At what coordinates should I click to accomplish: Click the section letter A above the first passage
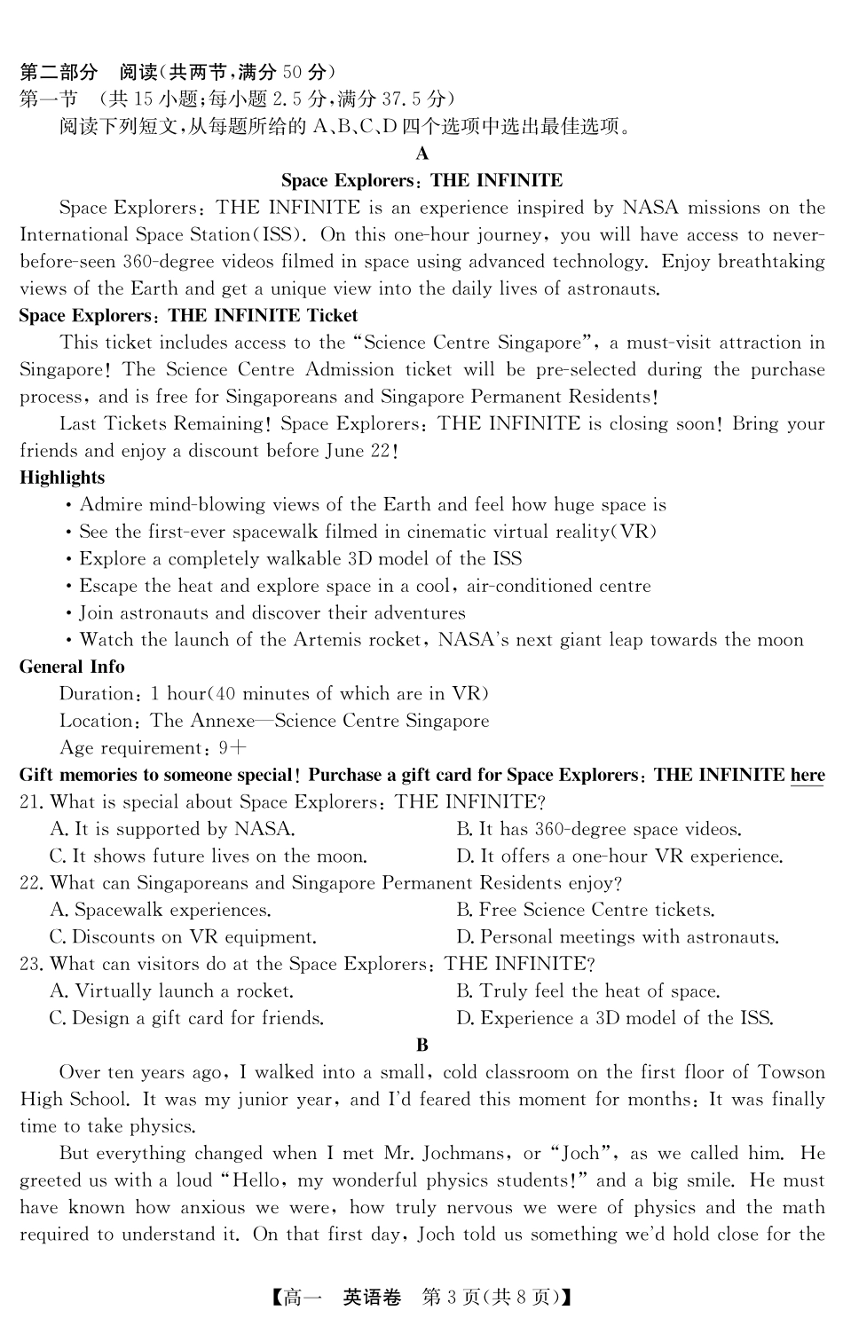pyautogui.click(x=421, y=154)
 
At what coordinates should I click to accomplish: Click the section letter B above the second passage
pyautogui.click(x=421, y=1045)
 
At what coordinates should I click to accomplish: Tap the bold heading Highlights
pyautogui.click(x=62, y=478)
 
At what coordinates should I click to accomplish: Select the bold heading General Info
pyautogui.click(x=72, y=667)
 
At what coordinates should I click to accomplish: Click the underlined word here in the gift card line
pyautogui.click(x=807, y=775)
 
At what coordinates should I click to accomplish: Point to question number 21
pyautogui.click(x=31, y=802)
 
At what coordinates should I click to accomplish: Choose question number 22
pyautogui.click(x=31, y=883)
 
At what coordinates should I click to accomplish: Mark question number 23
pyautogui.click(x=31, y=964)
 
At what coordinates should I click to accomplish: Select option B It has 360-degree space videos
pyautogui.click(x=599, y=829)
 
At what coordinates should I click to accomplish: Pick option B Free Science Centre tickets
pyautogui.click(x=585, y=910)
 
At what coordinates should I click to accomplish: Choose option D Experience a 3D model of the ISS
pyautogui.click(x=614, y=1018)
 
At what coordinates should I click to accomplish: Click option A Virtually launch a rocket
pyautogui.click(x=172, y=991)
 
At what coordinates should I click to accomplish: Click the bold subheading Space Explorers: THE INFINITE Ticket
pyautogui.click(x=188, y=316)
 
